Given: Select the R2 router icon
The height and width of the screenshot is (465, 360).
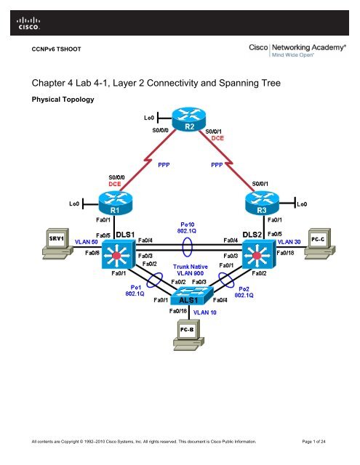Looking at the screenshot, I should (188, 123).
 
